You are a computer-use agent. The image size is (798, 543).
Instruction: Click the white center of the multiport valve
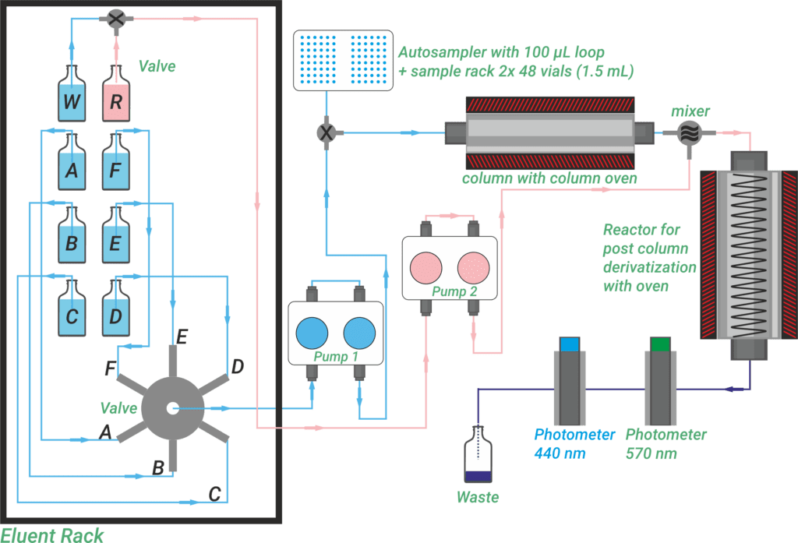pyautogui.click(x=172, y=407)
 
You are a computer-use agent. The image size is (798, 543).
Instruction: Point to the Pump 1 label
pyautogui.click(x=336, y=357)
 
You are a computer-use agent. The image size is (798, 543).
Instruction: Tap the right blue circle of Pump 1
pyautogui.click(x=359, y=333)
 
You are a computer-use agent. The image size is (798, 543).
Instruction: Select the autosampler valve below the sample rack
pyautogui.click(x=326, y=133)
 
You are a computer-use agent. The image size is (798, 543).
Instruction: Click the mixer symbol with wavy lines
pyautogui.click(x=689, y=133)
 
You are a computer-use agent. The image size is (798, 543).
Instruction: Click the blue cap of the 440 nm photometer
pyautogui.click(x=570, y=344)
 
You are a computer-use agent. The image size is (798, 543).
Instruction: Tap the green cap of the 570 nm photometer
pyautogui.click(x=661, y=344)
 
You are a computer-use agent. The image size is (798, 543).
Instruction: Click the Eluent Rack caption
pyautogui.click(x=52, y=534)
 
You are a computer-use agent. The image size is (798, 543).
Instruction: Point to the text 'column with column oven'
pyautogui.click(x=549, y=179)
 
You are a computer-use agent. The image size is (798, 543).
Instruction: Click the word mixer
pyautogui.click(x=690, y=111)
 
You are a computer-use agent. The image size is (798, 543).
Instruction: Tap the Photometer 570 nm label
pyautogui.click(x=665, y=443)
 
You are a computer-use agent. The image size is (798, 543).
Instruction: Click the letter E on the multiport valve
pyautogui.click(x=181, y=337)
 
